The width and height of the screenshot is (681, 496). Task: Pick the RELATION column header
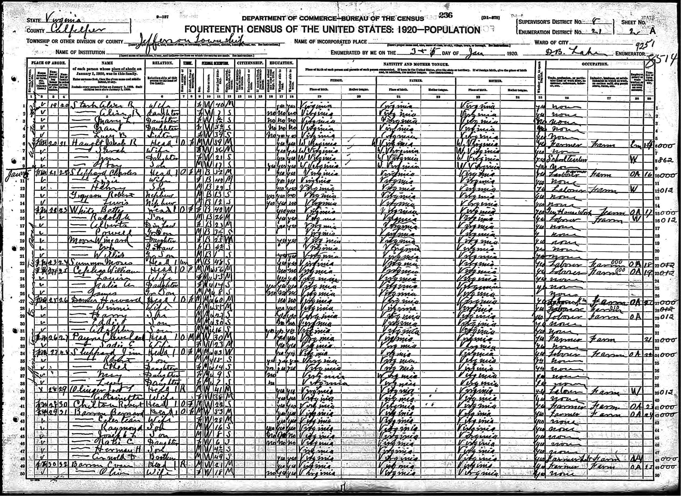click(x=163, y=63)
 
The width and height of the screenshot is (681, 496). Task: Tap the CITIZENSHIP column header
click(x=250, y=63)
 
